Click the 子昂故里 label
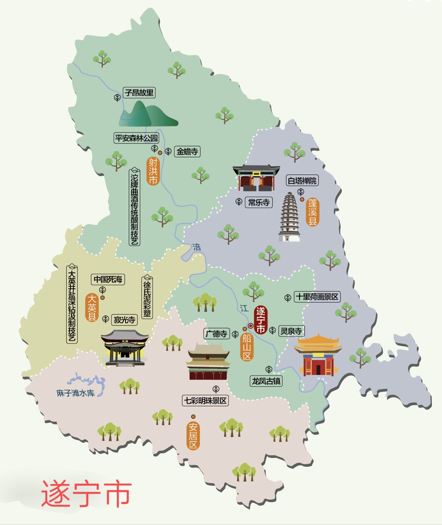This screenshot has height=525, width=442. pyautogui.click(x=139, y=93)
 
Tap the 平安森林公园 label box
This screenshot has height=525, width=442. pyautogui.click(x=136, y=138)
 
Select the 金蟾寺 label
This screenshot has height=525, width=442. pyautogui.click(x=187, y=152)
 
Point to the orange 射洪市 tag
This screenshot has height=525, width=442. pyautogui.click(x=153, y=171)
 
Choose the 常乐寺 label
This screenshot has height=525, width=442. pyautogui.click(x=259, y=202)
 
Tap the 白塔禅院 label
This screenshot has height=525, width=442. pyautogui.click(x=302, y=181)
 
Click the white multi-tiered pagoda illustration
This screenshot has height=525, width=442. pyautogui.click(x=289, y=217)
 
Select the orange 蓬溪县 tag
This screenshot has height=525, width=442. pyautogui.click(x=312, y=212)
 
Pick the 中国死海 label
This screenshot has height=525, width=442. pyautogui.click(x=108, y=279)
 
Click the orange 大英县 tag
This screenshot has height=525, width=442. pyautogui.click(x=92, y=307)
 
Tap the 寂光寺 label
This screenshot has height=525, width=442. pyautogui.click(x=124, y=320)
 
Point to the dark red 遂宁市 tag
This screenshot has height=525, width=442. pyautogui.click(x=260, y=320)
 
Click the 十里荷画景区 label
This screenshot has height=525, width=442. pyautogui.click(x=317, y=297)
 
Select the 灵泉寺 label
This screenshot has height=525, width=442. pyautogui.click(x=291, y=331)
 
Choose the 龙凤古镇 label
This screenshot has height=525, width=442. pyautogui.click(x=266, y=381)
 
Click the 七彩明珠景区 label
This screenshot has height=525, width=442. pyautogui.click(x=205, y=401)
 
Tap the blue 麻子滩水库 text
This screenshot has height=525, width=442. pyautogui.click(x=75, y=393)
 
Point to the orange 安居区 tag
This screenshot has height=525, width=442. pyautogui.click(x=193, y=436)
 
